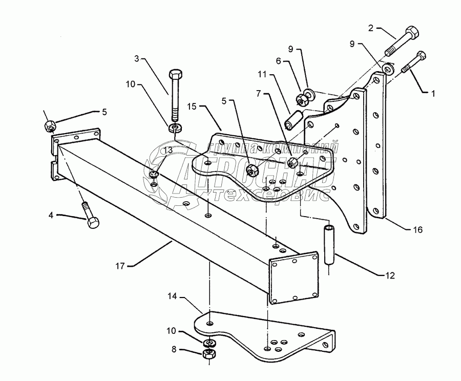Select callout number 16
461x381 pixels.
tap(417, 230)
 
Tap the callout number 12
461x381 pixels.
tap(390, 275)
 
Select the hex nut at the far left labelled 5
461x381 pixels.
tap(50, 124)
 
